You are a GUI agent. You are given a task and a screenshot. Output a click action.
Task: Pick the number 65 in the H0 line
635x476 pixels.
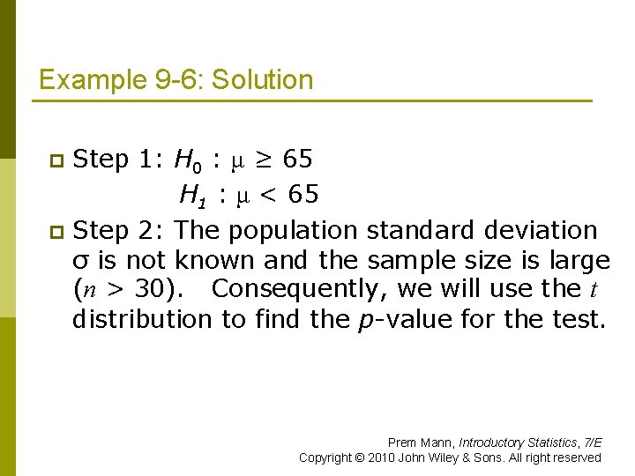[297, 160]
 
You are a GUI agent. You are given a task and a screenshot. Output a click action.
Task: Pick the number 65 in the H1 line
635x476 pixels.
[303, 193]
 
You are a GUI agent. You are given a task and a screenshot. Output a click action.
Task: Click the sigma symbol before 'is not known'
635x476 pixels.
[81, 262]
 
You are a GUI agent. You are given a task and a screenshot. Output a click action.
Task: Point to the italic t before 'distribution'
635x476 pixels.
[594, 289]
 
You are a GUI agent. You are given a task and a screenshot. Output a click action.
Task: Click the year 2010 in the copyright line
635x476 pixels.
[382, 457]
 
